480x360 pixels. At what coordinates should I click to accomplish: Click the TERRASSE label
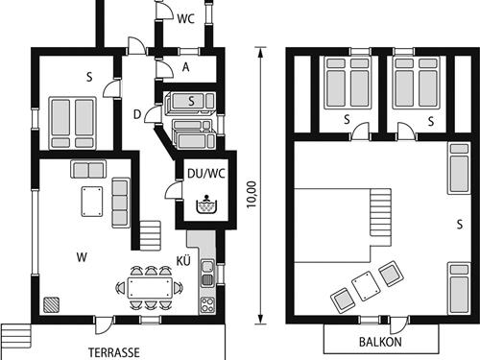(x=114, y=352)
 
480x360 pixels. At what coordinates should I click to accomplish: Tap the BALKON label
(x=380, y=342)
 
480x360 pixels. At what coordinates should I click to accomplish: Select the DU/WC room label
(x=206, y=174)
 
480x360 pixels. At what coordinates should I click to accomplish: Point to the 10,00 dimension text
(x=252, y=194)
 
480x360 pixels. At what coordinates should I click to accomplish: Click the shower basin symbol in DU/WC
(x=206, y=204)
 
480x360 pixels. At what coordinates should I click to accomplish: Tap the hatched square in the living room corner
(x=51, y=304)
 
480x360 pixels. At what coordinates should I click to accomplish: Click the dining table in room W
(x=150, y=288)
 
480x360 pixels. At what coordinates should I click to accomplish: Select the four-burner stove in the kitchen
(x=207, y=304)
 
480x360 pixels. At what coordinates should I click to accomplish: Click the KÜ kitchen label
(x=183, y=261)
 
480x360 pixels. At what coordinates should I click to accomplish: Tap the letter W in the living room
(x=82, y=257)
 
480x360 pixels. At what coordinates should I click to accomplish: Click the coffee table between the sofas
(x=92, y=202)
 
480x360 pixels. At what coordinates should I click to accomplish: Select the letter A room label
(x=185, y=67)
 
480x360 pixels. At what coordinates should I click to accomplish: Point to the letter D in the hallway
(x=137, y=114)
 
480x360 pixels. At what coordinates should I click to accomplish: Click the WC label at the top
(x=185, y=18)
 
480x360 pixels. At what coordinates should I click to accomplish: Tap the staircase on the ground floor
(x=150, y=235)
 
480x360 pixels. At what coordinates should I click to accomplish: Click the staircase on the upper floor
(x=381, y=212)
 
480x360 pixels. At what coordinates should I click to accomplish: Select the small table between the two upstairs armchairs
(x=366, y=286)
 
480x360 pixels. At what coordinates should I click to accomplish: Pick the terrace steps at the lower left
(x=16, y=336)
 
